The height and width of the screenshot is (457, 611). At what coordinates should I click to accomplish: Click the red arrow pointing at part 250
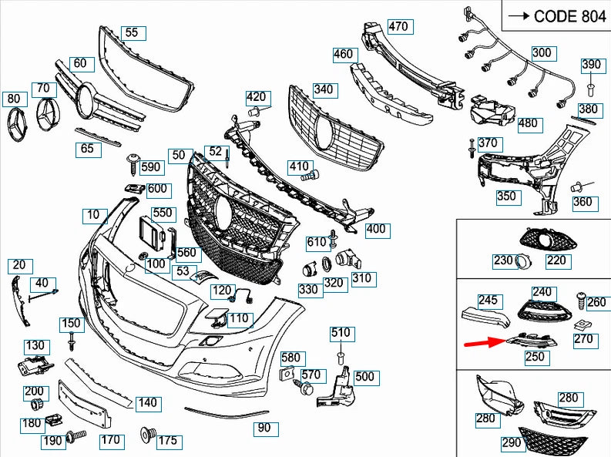(x=485, y=342)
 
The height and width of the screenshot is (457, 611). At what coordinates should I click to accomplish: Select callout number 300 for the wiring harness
(x=542, y=52)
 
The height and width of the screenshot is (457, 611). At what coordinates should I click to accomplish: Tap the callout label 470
(x=398, y=27)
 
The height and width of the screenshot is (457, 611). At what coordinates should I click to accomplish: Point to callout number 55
(x=132, y=32)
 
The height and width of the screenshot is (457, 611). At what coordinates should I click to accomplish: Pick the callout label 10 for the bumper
(x=93, y=214)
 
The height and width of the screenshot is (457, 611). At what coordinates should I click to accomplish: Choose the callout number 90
(x=264, y=427)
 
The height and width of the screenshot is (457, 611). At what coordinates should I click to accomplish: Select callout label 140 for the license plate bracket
(x=146, y=402)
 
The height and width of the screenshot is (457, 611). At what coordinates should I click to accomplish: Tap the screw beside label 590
(x=132, y=161)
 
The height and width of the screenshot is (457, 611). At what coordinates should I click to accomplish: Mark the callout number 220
(x=556, y=261)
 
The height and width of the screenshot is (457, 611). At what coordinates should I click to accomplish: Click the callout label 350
(x=505, y=197)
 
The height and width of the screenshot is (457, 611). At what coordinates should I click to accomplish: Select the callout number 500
(x=364, y=377)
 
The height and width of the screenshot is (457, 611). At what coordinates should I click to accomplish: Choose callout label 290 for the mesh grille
(x=511, y=442)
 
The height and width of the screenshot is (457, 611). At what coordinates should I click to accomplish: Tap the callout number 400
(x=376, y=229)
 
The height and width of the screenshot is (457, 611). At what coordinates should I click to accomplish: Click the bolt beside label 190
(x=76, y=436)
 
